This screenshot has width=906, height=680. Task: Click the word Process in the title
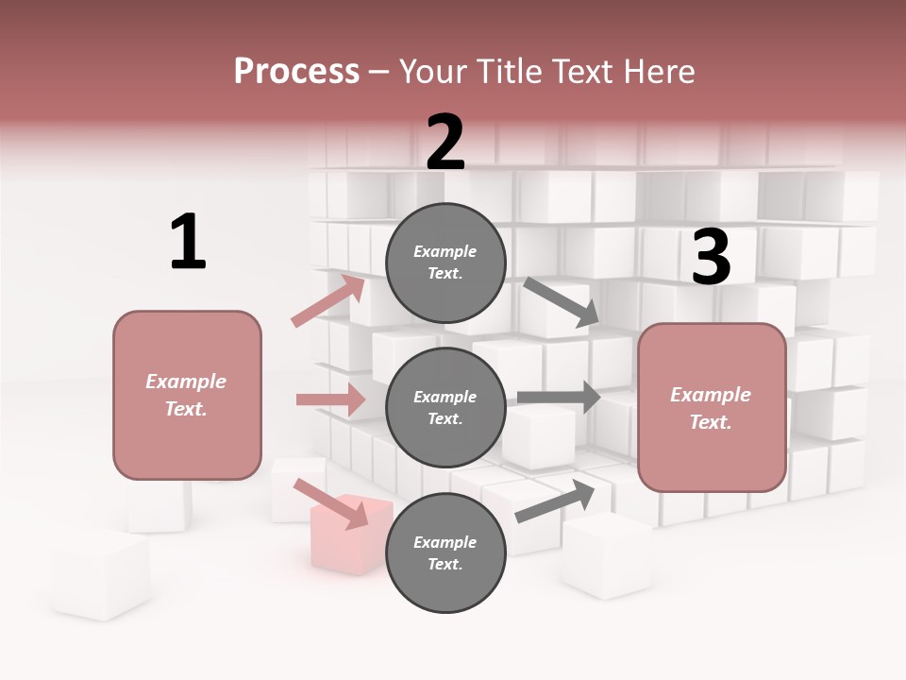[x=296, y=71]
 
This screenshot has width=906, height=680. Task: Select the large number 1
[x=188, y=242]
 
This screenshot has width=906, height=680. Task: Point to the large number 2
[x=445, y=142]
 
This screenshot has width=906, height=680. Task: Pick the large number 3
[x=711, y=258]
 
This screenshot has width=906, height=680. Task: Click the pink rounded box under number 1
[x=187, y=395]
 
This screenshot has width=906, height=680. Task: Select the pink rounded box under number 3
[x=712, y=408]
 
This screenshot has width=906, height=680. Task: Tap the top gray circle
[x=445, y=263]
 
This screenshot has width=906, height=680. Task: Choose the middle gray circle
[x=445, y=408]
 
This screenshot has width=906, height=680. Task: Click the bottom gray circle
[x=445, y=553]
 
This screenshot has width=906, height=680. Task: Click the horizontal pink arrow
[x=330, y=399]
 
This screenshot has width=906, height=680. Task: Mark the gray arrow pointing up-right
[x=555, y=500]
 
